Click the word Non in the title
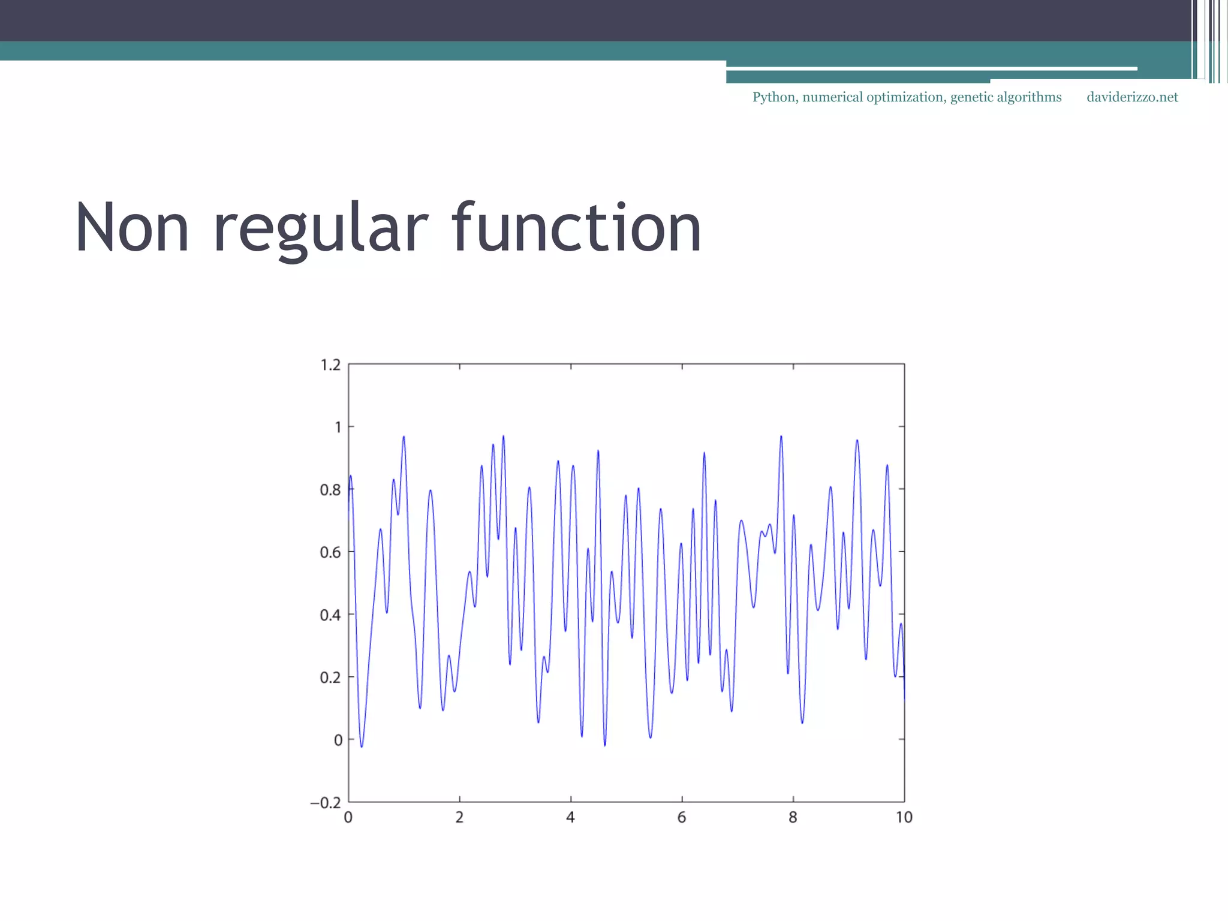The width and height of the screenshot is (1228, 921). [133, 228]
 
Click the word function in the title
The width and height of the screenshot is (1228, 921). [576, 228]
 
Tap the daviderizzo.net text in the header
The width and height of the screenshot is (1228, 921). [1132, 97]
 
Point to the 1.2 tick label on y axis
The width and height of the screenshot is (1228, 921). [330, 365]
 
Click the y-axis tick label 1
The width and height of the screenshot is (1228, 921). [338, 427]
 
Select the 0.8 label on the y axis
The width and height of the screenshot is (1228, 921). [330, 490]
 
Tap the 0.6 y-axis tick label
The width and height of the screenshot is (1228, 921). [330, 552]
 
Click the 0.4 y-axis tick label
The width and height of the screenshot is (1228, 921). [330, 615]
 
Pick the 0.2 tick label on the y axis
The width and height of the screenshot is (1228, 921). [330, 678]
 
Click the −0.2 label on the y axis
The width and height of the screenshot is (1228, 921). [326, 803]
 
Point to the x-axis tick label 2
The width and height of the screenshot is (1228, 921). [459, 817]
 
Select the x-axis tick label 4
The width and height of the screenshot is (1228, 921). [570, 817]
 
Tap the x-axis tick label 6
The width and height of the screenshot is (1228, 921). [682, 817]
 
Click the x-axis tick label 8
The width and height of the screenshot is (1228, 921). [793, 817]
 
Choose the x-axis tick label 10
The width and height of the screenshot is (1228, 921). [904, 817]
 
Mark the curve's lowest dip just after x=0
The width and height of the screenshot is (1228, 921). [362, 745]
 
